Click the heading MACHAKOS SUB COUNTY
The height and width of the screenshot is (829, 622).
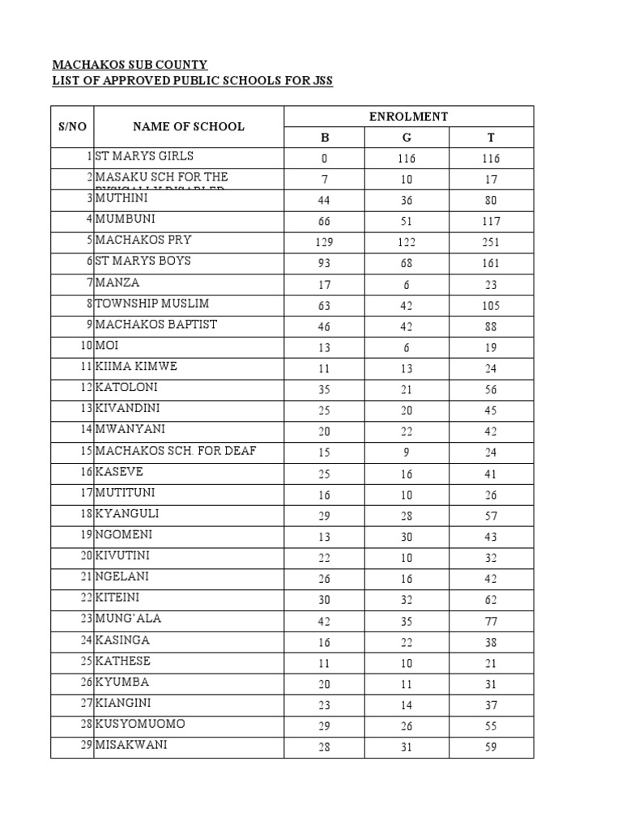pyautogui.click(x=130, y=64)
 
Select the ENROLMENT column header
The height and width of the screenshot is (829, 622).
pyautogui.click(x=408, y=117)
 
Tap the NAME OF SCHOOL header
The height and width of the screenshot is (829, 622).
pyautogui.click(x=188, y=126)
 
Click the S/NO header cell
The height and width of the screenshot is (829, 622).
pyautogui.click(x=72, y=126)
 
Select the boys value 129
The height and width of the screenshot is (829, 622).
pyautogui.click(x=324, y=242)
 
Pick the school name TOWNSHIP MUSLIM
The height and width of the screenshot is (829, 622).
pyautogui.click(x=152, y=304)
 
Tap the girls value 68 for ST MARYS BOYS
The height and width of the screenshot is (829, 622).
pyautogui.click(x=406, y=263)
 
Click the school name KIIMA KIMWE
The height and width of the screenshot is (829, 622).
pyautogui.click(x=136, y=367)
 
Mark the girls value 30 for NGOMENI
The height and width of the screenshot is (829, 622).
pyautogui.click(x=406, y=537)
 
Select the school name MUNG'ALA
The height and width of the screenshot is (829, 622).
pyautogui.click(x=128, y=619)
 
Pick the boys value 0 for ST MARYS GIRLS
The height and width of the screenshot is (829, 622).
pyautogui.click(x=324, y=159)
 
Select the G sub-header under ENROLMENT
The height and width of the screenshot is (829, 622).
pyautogui.click(x=406, y=138)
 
